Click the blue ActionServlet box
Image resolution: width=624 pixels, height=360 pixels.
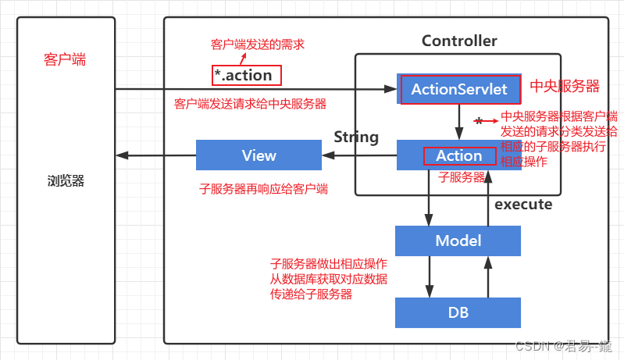coord(458,90)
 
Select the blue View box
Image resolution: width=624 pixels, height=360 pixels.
coord(259,155)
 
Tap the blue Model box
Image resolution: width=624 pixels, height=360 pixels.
coord(458,241)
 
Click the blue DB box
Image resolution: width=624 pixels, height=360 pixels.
coord(458,312)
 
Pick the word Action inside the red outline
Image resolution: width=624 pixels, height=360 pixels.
coord(458,155)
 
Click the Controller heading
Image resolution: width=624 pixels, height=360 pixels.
coord(459,41)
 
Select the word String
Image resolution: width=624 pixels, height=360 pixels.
coord(356,137)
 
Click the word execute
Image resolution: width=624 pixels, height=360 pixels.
coord(523,205)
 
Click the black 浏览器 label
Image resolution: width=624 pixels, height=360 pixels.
coord(65,181)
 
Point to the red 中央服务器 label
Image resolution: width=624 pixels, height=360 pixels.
coord(565,85)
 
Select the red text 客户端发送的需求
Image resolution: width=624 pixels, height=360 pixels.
coord(258,45)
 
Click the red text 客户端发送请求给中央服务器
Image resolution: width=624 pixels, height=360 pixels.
coord(250,103)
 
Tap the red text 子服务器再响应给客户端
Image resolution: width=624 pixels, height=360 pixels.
coord(264,188)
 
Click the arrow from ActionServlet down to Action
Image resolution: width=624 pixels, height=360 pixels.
coord(459,122)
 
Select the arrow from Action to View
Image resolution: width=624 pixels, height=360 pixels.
coord(359,155)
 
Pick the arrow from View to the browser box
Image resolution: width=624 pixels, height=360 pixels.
coord(155,155)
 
